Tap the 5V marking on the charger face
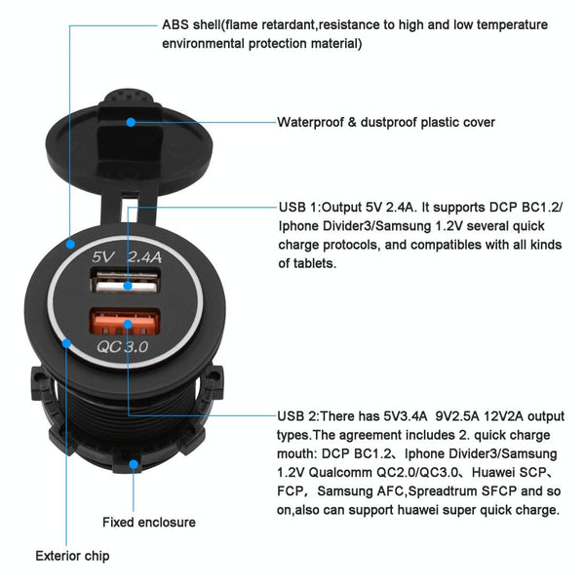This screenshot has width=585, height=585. coord(104,257)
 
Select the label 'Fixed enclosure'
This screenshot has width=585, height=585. coord(148,522)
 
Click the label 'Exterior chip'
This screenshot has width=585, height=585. coord(72,557)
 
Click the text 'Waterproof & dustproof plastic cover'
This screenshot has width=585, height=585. coord(386,123)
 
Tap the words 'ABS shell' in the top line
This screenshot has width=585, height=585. coord(191,24)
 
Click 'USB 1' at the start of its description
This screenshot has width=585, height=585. coord(298,208)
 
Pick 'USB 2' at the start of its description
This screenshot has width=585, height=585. coord(298,416)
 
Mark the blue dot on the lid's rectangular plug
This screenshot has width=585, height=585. coord(133,123)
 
